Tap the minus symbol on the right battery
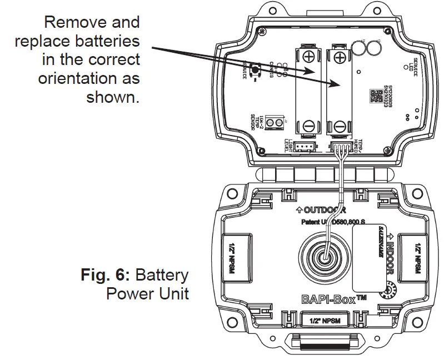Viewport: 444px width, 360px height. pos(340,126)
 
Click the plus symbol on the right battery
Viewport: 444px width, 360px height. pos(340,56)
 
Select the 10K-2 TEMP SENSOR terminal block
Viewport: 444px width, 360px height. pos(274,122)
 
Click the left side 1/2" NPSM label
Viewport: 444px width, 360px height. pos(237,256)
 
